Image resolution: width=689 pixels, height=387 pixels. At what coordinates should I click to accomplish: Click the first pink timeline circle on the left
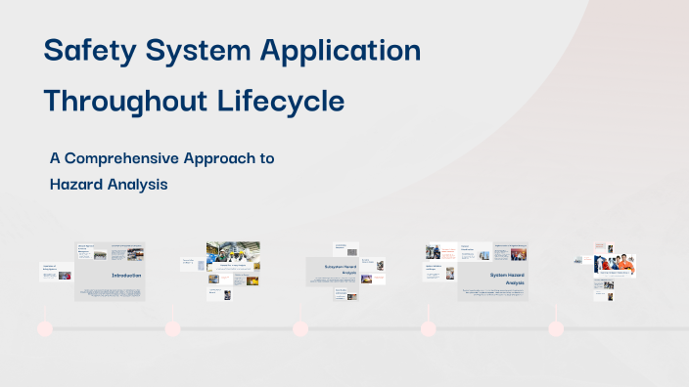[44, 328]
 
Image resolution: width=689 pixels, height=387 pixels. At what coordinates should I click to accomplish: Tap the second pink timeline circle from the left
[172, 328]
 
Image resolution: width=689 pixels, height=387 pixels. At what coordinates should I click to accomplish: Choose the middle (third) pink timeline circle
[300, 328]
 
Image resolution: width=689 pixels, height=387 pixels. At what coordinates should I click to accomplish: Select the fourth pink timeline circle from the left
[428, 328]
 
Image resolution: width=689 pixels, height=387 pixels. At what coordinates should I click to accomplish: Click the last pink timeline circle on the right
[556, 328]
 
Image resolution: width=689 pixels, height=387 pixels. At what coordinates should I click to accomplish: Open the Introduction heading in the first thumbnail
[126, 276]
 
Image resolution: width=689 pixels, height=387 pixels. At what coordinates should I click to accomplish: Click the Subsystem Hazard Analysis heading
[332, 268]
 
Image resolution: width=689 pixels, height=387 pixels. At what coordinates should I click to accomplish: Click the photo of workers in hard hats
[233, 253]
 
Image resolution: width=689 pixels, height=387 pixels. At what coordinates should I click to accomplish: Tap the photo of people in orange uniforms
[616, 266]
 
